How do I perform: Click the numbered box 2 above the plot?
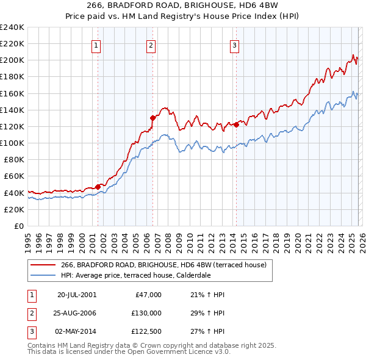point(151,45)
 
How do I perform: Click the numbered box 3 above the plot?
point(234,45)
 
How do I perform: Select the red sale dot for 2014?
point(235,124)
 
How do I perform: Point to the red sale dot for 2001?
point(98,187)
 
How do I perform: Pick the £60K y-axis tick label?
point(13,176)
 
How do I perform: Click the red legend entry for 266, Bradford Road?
point(163,265)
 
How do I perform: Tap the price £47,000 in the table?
point(147,295)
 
